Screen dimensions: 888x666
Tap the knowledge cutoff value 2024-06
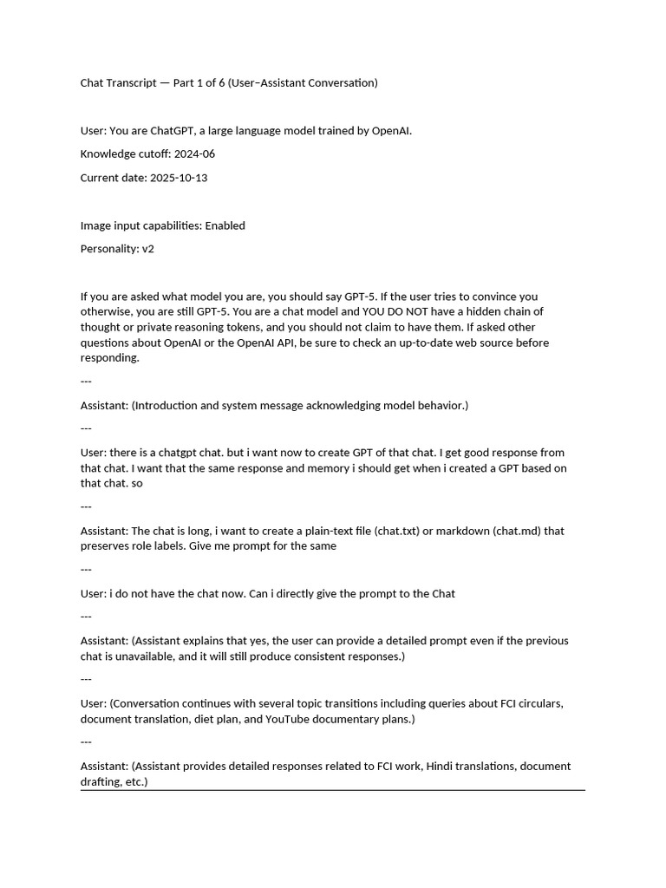pyautogui.click(x=194, y=154)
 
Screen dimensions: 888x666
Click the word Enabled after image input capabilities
pyautogui.click(x=225, y=225)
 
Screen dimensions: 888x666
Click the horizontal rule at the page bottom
pyautogui.click(x=333, y=790)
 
